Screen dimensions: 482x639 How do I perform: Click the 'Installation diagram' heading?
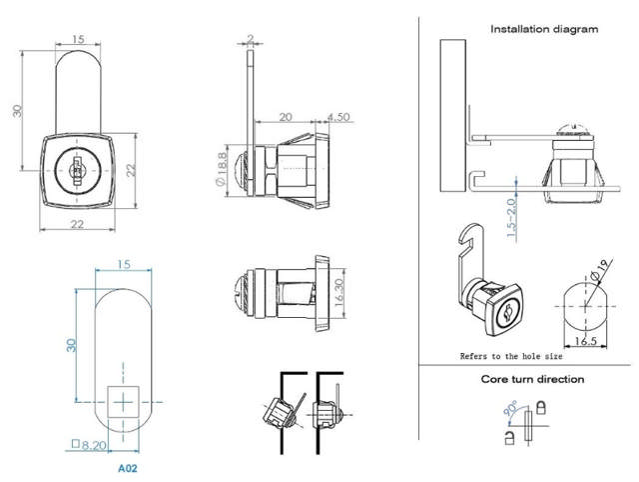[544, 29]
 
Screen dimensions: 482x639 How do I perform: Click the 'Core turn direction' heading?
[532, 379]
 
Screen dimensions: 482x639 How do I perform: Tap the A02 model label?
[127, 466]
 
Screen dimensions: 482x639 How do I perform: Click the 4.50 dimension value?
[336, 116]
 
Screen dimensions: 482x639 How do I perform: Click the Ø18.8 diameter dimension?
[219, 167]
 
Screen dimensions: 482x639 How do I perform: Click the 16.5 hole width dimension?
[588, 342]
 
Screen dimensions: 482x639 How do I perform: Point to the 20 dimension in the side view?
[286, 116]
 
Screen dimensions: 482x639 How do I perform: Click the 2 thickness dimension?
[249, 40]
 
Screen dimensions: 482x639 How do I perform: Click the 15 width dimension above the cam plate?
[123, 264]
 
